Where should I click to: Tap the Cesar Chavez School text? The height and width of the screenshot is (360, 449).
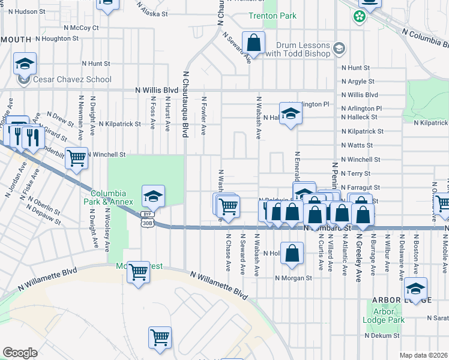click(73, 79)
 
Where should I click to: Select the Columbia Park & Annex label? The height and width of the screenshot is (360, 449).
click(109, 197)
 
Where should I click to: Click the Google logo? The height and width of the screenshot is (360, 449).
click(20, 352)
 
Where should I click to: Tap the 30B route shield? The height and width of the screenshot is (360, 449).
click(147, 223)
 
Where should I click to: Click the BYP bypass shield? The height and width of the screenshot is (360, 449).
click(147, 214)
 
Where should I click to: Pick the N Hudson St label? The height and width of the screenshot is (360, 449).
click(25, 11)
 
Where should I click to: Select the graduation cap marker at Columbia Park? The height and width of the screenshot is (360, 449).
click(153, 196)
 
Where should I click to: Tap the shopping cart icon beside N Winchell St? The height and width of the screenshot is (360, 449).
click(76, 158)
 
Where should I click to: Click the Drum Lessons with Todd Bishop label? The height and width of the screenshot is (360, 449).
click(304, 50)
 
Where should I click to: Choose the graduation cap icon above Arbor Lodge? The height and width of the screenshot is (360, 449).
click(415, 289)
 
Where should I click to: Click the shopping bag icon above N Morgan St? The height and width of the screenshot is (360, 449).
click(292, 253)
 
